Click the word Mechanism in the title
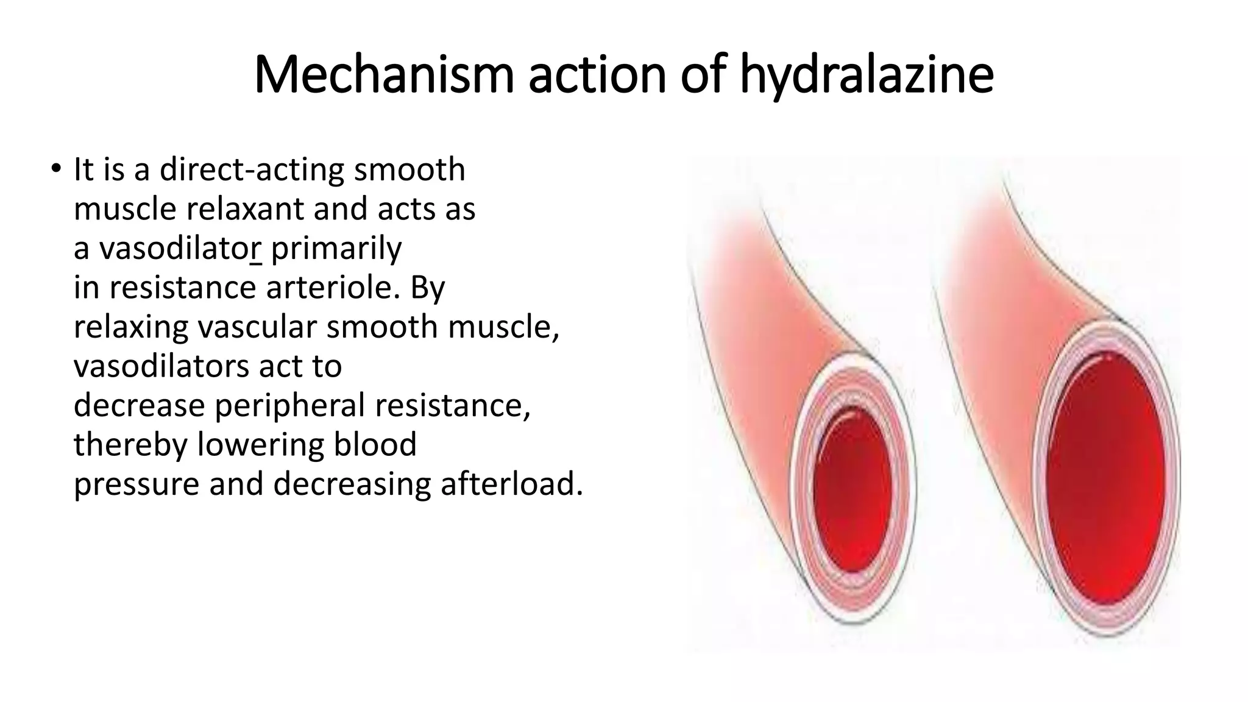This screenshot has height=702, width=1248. [383, 75]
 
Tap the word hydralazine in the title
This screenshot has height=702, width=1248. [867, 75]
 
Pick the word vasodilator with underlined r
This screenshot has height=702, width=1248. [180, 248]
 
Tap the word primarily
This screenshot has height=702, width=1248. [336, 248]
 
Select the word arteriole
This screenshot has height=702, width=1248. [333, 288]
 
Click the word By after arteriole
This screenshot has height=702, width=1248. [428, 288]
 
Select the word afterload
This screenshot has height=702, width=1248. [511, 484]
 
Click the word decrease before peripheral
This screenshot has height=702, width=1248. [139, 405]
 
